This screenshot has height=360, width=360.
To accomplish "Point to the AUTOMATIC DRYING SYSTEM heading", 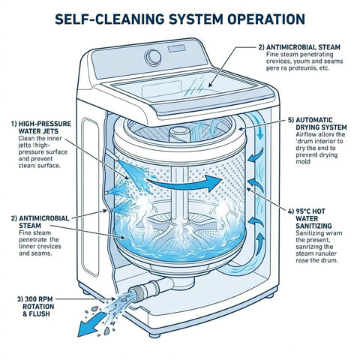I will (x=315, y=124).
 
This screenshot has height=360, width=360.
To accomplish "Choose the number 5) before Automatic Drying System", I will (x=292, y=119).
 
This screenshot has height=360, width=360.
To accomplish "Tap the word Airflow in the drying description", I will (x=301, y=136).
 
